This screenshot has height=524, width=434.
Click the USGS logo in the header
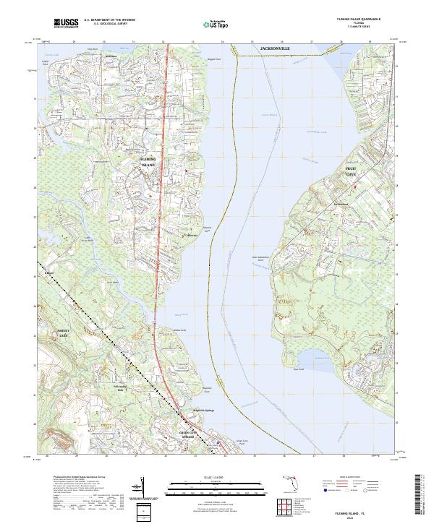(x=67, y=23)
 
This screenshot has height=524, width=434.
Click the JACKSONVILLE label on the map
(x=274, y=48)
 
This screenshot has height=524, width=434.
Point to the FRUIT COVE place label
(x=350, y=171)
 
